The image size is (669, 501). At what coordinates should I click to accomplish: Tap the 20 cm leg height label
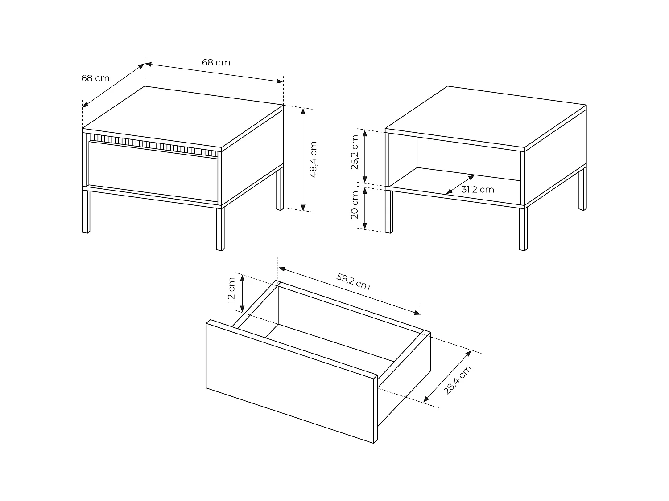point(355,205)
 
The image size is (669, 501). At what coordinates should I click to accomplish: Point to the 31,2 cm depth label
point(477,190)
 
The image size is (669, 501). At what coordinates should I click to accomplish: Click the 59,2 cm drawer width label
point(353,281)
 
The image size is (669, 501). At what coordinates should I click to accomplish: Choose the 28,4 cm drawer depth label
point(457,380)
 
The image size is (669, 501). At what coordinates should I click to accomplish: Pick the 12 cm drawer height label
point(231,290)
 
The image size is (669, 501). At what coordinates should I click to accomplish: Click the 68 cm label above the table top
point(216,62)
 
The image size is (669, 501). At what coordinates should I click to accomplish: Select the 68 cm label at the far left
point(95,78)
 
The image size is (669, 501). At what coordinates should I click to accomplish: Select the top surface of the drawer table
point(183,116)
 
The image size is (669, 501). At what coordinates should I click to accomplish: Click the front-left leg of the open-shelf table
point(389,212)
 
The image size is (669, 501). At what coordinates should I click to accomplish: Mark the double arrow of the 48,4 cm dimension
point(303,159)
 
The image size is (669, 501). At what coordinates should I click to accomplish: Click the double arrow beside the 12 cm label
point(242,293)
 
